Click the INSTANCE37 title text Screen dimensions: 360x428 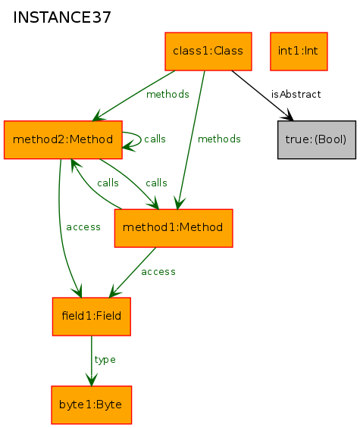point(62,17)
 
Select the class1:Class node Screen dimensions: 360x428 point(208,52)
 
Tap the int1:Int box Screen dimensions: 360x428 point(299,52)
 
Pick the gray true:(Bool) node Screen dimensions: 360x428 point(317,139)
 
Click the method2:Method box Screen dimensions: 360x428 point(63,139)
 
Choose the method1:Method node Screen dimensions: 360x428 point(174,228)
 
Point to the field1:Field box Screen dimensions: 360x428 point(92,317)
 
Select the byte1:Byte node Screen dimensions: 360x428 point(92,405)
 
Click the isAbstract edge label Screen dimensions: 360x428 point(296,95)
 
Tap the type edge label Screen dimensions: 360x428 point(105,360)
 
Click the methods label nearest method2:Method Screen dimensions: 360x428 point(167,95)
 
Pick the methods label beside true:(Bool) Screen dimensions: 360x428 point(219,139)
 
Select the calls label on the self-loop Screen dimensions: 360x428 point(155,139)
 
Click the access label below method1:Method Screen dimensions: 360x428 point(158,272)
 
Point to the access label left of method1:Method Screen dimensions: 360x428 point(83,227)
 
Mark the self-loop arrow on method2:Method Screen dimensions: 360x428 point(141,139)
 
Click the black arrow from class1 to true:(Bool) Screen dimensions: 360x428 point(262,95)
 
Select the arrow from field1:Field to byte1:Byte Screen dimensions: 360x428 point(92,361)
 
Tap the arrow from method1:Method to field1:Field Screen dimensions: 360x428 point(132,273)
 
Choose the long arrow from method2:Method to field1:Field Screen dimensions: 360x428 point(61,230)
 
